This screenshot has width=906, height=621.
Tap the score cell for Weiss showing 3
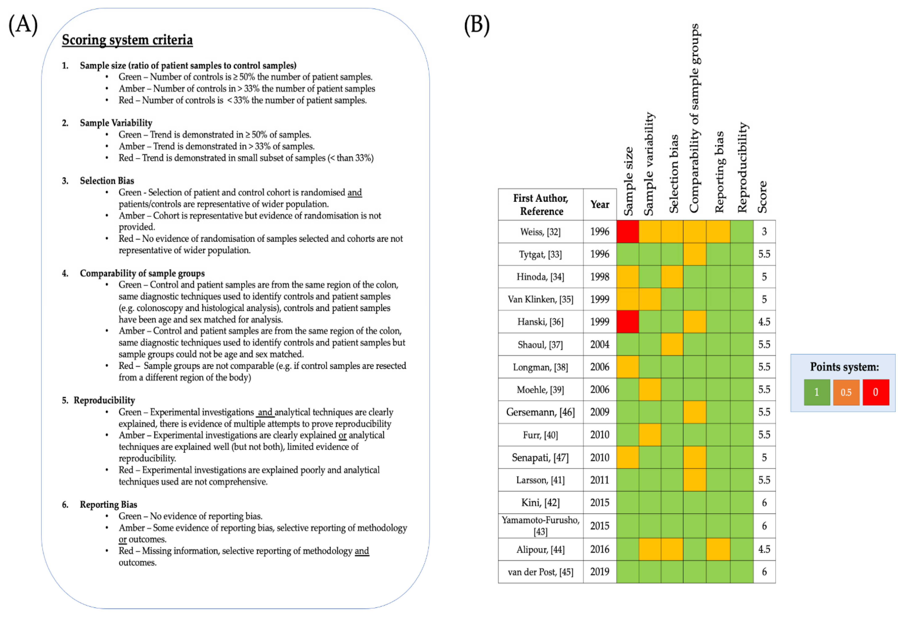[764, 232]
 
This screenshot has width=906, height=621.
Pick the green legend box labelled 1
[817, 392]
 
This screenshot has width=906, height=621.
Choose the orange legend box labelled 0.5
[846, 392]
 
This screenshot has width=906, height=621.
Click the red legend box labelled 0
[876, 392]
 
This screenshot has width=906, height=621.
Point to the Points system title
[844, 367]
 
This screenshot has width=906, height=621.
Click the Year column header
[600, 205]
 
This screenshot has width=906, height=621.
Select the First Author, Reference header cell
[541, 205]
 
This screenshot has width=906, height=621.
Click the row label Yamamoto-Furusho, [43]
[540, 526]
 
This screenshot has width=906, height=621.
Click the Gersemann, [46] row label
[540, 412]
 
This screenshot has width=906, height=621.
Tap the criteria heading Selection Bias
[107, 181]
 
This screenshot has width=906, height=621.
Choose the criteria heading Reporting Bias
[108, 504]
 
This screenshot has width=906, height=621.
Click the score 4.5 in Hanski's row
[764, 322]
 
